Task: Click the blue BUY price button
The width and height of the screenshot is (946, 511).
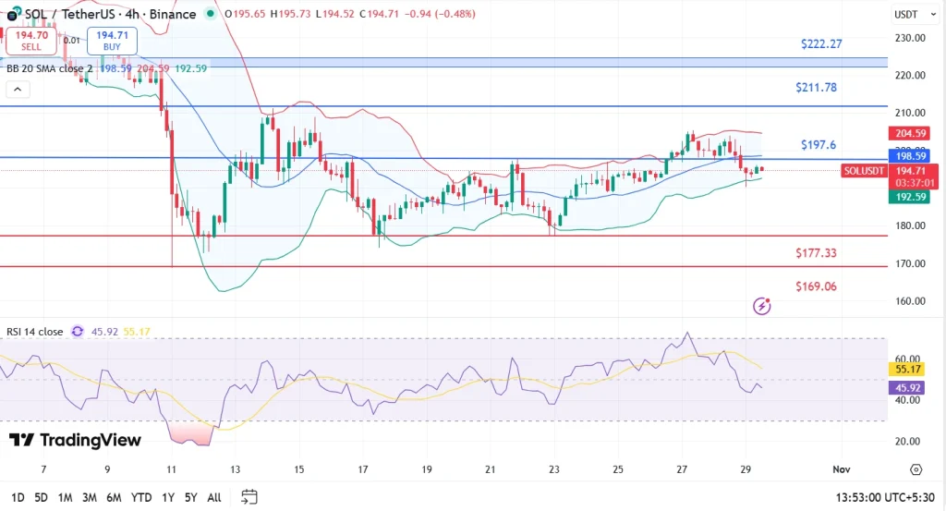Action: [112, 40]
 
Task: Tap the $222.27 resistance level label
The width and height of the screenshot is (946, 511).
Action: [821, 43]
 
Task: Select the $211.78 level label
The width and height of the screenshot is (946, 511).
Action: [816, 88]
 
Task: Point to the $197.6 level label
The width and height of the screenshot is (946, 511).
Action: [818, 145]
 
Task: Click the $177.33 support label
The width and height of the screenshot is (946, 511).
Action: [816, 252]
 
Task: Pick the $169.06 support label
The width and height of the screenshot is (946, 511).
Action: [816, 286]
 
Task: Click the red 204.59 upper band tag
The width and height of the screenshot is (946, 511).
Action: [906, 133]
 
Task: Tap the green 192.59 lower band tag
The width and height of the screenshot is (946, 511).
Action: [906, 196]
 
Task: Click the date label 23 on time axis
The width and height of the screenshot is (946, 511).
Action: [553, 469]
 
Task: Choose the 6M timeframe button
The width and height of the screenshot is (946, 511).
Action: [115, 497]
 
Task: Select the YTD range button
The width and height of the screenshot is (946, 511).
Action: [141, 497]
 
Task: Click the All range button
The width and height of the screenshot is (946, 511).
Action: [214, 497]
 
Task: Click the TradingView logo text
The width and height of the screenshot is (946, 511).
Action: [76, 440]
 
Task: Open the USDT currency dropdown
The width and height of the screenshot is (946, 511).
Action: [906, 15]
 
